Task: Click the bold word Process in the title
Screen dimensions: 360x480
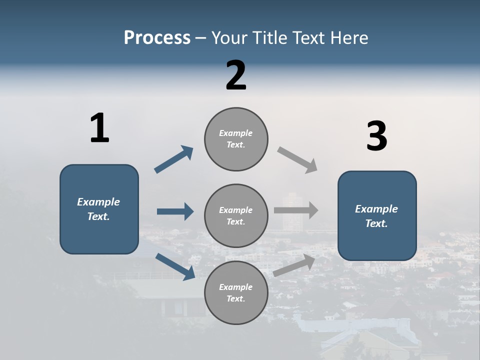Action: (157, 37)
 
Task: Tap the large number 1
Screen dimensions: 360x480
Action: (99, 128)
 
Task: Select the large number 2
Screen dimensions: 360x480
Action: (236, 75)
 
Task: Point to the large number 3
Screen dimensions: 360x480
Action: (376, 136)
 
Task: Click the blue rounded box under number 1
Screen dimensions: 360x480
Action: (99, 209)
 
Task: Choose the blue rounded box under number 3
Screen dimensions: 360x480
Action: (377, 215)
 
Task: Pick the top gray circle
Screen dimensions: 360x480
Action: (236, 139)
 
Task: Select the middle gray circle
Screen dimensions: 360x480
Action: (236, 216)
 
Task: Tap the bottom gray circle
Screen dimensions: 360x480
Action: (236, 292)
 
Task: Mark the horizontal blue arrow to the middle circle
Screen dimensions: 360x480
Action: (175, 211)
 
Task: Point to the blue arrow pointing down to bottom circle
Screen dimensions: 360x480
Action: (175, 266)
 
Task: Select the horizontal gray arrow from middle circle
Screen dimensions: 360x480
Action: (296, 210)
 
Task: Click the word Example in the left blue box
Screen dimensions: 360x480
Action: (98, 202)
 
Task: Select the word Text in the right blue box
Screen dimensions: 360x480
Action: (376, 223)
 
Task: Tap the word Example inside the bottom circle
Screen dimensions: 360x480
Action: (235, 287)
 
